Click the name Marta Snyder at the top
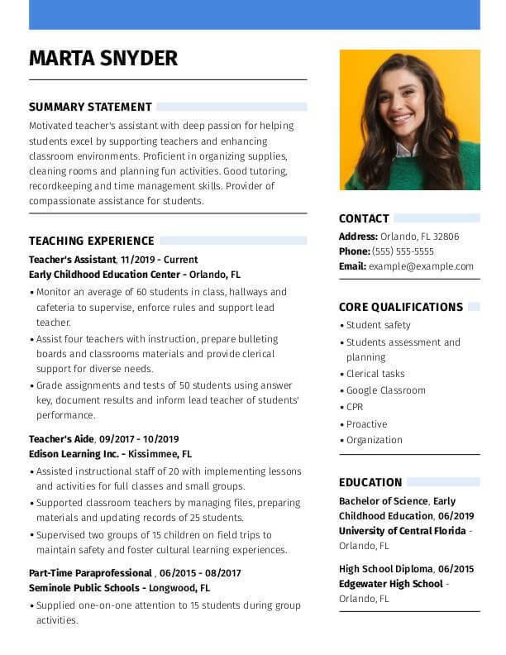[x=103, y=58]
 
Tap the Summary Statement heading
[x=90, y=107]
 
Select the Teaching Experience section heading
[x=92, y=241]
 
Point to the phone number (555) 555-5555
[x=403, y=251]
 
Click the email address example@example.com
[x=421, y=266]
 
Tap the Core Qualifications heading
[x=400, y=307]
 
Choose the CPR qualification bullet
[x=355, y=407]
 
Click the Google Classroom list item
[x=385, y=390]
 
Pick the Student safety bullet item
[x=378, y=325]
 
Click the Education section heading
[x=370, y=482]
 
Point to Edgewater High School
[x=390, y=584]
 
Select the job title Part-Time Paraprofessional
[x=90, y=573]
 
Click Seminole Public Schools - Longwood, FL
[x=119, y=588]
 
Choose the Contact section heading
[x=364, y=218]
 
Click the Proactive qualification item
[x=366, y=424]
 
